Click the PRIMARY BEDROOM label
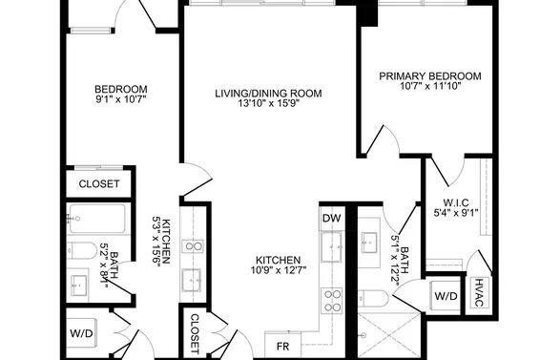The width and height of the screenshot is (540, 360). tap(430, 75)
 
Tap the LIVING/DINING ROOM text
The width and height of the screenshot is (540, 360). tap(269, 94)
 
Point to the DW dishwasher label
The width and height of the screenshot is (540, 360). tap(332, 218)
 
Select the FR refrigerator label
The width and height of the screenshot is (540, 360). tap(283, 347)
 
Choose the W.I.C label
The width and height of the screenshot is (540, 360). tap(456, 202)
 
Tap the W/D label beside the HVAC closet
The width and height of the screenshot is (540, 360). tap(446, 296)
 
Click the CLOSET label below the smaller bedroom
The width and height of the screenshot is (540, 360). tap(99, 183)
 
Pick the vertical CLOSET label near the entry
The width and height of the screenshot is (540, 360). tap(195, 334)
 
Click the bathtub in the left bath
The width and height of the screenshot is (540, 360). tap(97, 219)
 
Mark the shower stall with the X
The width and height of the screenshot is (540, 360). tap(389, 335)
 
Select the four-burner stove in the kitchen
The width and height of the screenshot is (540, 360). tap(332, 301)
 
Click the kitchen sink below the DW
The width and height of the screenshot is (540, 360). tap(331, 246)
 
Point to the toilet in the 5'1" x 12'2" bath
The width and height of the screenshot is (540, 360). tap(373, 298)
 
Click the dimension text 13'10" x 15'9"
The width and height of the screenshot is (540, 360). tap(269, 103)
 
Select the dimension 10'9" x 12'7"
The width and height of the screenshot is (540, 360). tap(279, 270)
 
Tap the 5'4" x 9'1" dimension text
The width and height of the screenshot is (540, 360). tap(456, 213)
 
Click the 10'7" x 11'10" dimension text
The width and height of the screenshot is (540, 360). tap(430, 86)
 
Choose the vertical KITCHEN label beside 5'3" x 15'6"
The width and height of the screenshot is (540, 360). tap(166, 242)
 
